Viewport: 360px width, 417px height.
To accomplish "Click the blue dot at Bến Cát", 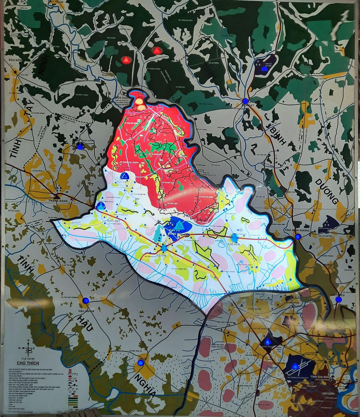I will [245, 101].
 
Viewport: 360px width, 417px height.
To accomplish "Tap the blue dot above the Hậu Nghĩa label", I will [86, 300].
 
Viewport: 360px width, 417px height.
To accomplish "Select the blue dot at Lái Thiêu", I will [339, 299].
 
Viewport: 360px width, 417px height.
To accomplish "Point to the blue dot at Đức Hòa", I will [141, 363].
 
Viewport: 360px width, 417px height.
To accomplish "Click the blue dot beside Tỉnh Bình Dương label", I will [298, 237].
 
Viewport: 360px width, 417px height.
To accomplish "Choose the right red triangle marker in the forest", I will [157, 51].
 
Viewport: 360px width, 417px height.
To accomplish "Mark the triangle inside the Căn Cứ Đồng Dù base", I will [179, 225].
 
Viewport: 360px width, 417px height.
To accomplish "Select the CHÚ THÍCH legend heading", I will [30, 363].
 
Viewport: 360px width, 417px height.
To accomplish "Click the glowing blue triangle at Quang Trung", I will [268, 342].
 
